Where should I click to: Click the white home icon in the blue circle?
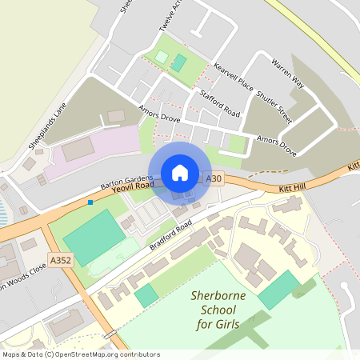pyautogui.click(x=180, y=173)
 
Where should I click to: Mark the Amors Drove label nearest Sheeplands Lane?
pyautogui.click(x=159, y=117)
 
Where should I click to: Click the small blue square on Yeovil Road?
pyautogui.click(x=90, y=202)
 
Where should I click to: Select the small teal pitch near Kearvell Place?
pyautogui.click(x=179, y=62)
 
